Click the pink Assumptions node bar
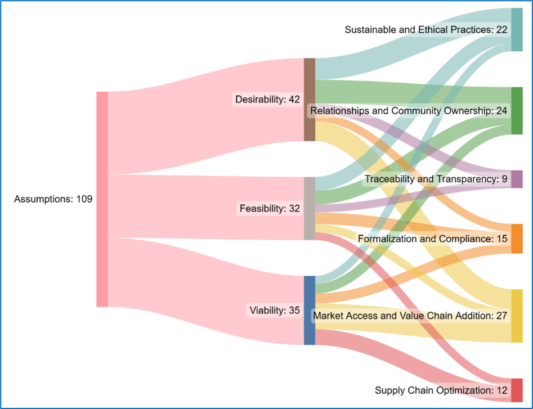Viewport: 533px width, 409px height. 102,199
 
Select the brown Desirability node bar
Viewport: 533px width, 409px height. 309,99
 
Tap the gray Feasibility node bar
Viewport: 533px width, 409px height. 309,208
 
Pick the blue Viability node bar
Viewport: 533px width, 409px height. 309,310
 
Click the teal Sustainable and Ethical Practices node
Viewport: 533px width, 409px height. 516,30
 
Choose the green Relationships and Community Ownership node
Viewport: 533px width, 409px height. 516,111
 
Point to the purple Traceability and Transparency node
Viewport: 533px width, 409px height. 516,179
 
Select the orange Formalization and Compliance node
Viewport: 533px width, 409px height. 516,239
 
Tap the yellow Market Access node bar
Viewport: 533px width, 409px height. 516,316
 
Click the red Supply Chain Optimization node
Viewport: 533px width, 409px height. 516,390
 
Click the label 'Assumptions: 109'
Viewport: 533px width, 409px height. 53,199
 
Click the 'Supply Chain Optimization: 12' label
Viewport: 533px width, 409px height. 441,390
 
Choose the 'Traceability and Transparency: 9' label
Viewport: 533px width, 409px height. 436,179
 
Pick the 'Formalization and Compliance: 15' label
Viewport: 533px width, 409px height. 433,239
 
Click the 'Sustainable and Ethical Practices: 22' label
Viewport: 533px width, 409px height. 426,29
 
